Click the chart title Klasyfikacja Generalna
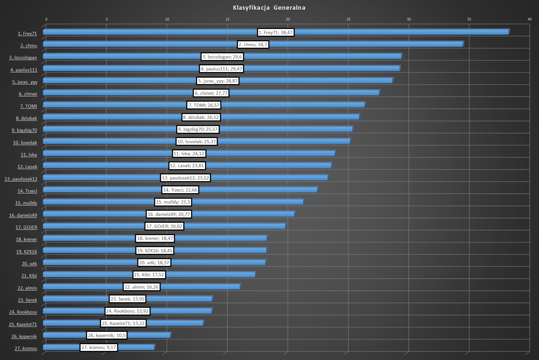click(x=269, y=8)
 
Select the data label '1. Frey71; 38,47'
click(x=276, y=32)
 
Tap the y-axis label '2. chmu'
click(x=29, y=45)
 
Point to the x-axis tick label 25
click(x=348, y=19)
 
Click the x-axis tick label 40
click(x=529, y=19)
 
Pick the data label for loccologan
click(x=222, y=57)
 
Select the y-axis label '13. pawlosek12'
click(x=21, y=179)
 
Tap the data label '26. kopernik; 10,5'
click(x=106, y=335)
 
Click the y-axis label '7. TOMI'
click(x=29, y=106)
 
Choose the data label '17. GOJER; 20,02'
click(x=164, y=226)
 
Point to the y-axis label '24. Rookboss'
click(x=23, y=312)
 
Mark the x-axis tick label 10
click(x=167, y=19)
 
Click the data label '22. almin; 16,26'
click(x=141, y=287)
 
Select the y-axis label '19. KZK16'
click(x=27, y=252)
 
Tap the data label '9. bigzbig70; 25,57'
click(x=198, y=129)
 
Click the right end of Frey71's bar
click(x=508, y=31)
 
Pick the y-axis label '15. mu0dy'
click(x=26, y=203)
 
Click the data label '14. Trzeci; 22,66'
click(x=180, y=190)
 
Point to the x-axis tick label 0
click(x=46, y=19)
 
